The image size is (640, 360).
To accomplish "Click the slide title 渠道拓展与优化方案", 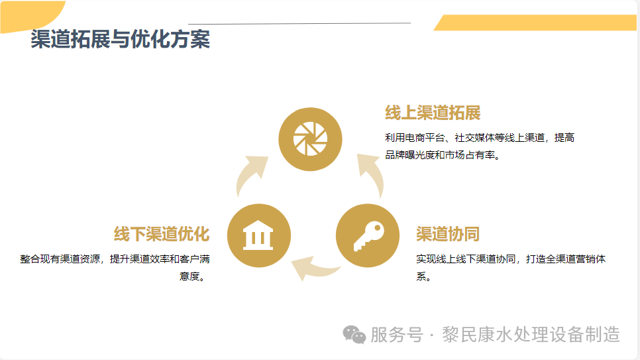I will click(120, 40).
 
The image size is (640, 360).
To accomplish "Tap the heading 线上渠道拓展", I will click(433, 113).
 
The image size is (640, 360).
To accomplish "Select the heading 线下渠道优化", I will click(162, 234).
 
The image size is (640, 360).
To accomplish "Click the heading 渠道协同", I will click(447, 234).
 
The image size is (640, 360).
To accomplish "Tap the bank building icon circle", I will click(259, 235).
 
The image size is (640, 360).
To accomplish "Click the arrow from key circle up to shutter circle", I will click(371, 174).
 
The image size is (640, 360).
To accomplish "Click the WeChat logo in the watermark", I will click(354, 335).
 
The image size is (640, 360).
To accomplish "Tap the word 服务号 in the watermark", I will click(396, 335).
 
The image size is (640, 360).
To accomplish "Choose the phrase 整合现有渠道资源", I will click(62, 259).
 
